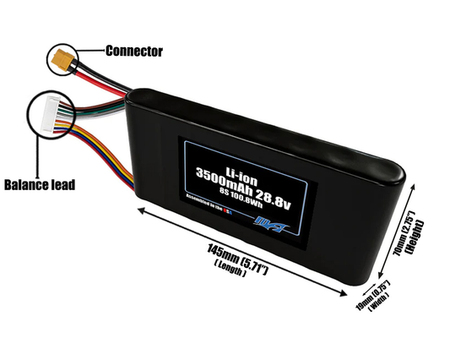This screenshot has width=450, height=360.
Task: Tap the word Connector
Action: click(x=133, y=51)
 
